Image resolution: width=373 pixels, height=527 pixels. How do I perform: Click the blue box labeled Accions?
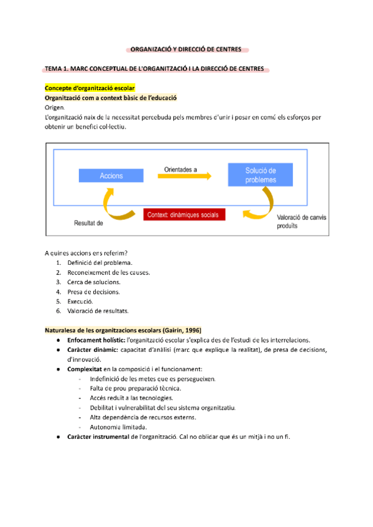[x=111, y=176]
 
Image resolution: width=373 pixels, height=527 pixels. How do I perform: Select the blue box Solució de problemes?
[x=260, y=175]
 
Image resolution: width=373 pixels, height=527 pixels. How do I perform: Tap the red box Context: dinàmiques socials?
[x=185, y=214]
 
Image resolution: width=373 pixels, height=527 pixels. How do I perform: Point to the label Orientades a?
[x=181, y=168]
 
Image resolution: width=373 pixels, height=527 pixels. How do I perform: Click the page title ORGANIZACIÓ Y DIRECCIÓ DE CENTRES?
[x=186, y=49]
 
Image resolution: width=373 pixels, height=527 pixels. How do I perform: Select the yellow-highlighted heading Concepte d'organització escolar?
[x=90, y=89]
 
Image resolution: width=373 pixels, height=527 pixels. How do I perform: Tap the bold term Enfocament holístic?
[x=96, y=339]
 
